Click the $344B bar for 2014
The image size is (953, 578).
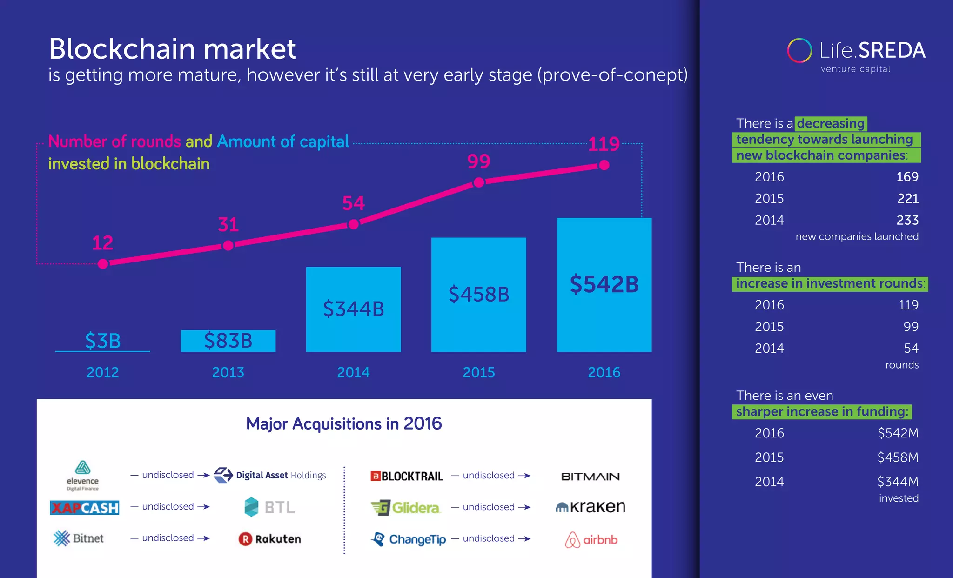click(353, 309)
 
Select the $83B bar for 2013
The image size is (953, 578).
click(228, 341)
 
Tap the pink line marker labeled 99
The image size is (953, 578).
click(479, 182)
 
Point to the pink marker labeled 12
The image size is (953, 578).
click(103, 264)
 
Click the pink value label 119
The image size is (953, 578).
click(604, 144)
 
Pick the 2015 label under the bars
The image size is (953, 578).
click(478, 372)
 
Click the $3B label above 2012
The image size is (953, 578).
click(103, 340)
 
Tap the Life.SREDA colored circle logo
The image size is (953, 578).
click(799, 50)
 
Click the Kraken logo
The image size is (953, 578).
click(591, 507)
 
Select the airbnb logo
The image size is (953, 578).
click(591, 540)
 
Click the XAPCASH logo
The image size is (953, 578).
click(84, 507)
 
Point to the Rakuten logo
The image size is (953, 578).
click(270, 539)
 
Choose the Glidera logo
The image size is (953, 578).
click(405, 507)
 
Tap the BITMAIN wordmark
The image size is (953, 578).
click(590, 476)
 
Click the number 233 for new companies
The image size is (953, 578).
click(907, 220)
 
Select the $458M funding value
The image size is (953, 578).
click(898, 457)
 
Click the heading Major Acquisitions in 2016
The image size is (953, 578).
click(344, 423)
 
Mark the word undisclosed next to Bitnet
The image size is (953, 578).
click(168, 538)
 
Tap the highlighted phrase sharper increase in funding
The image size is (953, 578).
click(822, 412)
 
